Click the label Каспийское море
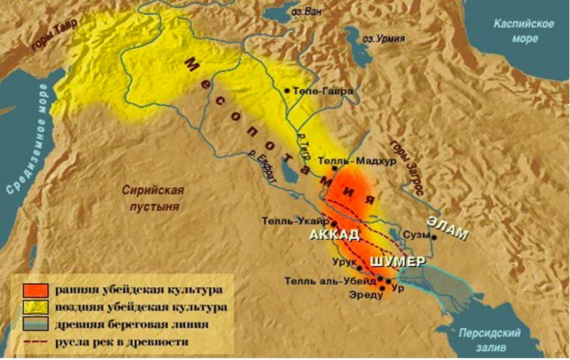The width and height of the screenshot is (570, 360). click(524, 31)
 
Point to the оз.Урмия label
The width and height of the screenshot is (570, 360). click(383, 39)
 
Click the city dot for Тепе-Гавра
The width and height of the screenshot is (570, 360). click(288, 91)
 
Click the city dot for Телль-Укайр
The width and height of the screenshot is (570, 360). click(333, 224)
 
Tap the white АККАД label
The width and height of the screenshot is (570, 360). click(334, 235)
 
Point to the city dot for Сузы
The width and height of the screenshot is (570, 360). click(434, 237)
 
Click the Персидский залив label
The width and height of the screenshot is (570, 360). click(497, 338)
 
